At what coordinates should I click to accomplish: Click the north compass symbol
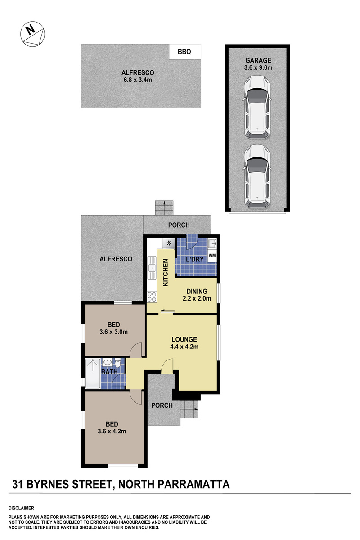pyautogui.click(x=32, y=34)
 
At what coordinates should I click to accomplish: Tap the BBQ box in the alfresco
pyautogui.click(x=184, y=51)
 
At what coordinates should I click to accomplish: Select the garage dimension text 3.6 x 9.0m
pyautogui.click(x=258, y=68)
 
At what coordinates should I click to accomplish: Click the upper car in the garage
pyautogui.click(x=257, y=108)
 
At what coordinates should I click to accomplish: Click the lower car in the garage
pyautogui.click(x=257, y=176)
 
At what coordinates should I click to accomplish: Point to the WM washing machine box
pyautogui.click(x=212, y=255)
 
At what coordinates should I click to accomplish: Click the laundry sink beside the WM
pyautogui.click(x=212, y=244)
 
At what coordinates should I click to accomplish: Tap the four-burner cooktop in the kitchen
pyautogui.click(x=152, y=296)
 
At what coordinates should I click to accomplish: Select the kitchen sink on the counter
pyautogui.click(x=152, y=268)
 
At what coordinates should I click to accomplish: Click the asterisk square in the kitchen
pyautogui.click(x=169, y=243)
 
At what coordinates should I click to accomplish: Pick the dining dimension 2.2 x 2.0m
pyautogui.click(x=197, y=298)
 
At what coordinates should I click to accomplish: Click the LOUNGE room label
pyautogui.click(x=184, y=339)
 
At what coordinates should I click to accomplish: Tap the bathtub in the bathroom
pyautogui.click(x=93, y=373)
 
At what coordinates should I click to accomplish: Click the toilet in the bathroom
pyautogui.click(x=117, y=363)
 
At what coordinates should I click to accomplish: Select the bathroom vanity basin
pyautogui.click(x=108, y=362)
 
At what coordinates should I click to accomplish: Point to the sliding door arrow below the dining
pyautogui.click(x=168, y=310)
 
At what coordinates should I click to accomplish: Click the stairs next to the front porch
pyautogui.click(x=189, y=409)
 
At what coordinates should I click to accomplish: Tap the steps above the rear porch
pyautogui.click(x=164, y=207)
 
